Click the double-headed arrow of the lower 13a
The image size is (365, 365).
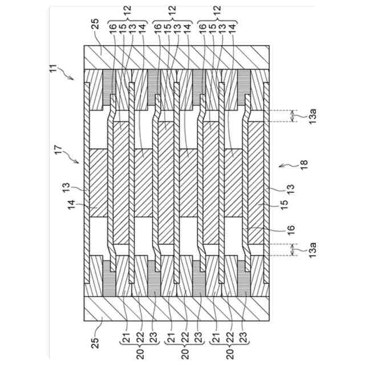(x=293, y=250)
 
